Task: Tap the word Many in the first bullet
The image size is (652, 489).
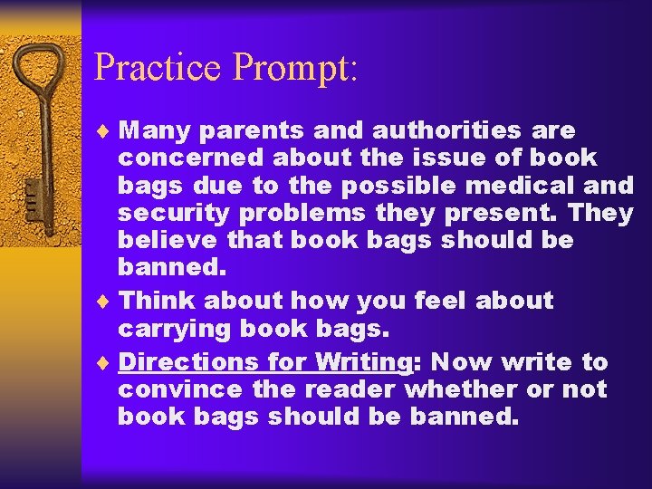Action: pyautogui.click(x=155, y=130)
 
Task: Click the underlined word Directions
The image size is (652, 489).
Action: pyautogui.click(x=188, y=362)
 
